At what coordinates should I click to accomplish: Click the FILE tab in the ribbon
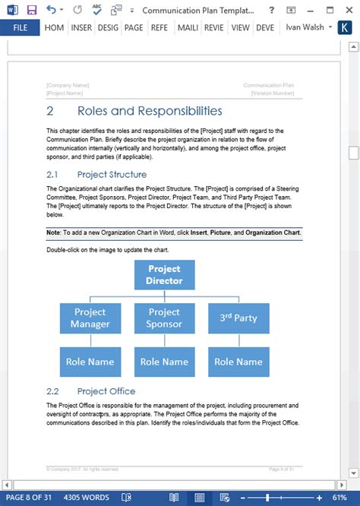[x=21, y=27]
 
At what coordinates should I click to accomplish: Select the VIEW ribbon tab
[x=240, y=27]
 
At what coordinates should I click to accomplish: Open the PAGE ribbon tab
[x=134, y=27]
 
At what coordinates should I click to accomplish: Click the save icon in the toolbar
[x=31, y=10]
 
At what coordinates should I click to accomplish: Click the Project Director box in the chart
[x=164, y=274]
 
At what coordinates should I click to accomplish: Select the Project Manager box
[x=90, y=318]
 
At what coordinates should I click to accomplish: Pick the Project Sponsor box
[x=164, y=318]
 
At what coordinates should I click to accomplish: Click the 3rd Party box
[x=238, y=318]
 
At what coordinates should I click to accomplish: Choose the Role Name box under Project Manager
[x=90, y=362]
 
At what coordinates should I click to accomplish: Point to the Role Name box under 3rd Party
[x=238, y=362]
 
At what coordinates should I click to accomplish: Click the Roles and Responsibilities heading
[x=150, y=111]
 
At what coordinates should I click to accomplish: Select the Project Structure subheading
[x=112, y=175]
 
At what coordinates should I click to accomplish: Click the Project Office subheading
[x=106, y=391]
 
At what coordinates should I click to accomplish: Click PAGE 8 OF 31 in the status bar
[x=27, y=498]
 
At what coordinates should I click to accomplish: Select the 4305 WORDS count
[x=87, y=498]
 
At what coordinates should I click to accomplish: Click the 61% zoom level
[x=346, y=498]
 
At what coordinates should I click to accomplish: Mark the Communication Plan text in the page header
[x=268, y=86]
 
